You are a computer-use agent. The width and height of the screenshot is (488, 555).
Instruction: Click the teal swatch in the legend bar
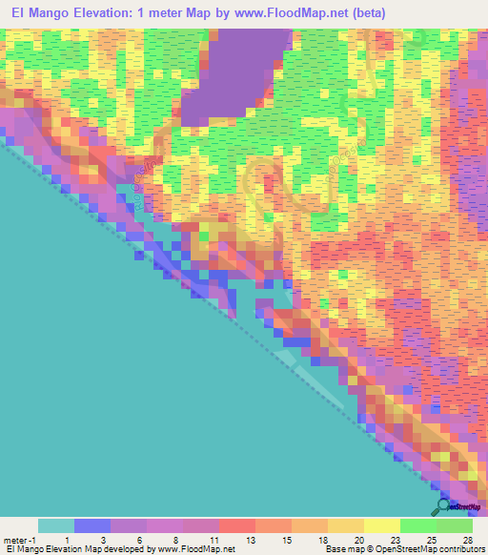click(x=56, y=525)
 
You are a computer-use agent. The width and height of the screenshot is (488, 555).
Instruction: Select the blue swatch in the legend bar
click(x=92, y=525)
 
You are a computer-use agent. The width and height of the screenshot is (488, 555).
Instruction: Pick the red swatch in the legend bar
click(x=237, y=525)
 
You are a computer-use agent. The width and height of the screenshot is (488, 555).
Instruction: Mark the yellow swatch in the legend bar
click(x=382, y=525)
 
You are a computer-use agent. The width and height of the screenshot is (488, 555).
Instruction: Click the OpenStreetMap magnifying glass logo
click(x=443, y=506)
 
